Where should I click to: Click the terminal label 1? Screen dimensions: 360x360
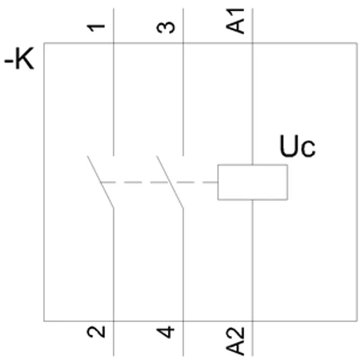click(96, 28)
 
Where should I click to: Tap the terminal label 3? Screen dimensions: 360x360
click(166, 27)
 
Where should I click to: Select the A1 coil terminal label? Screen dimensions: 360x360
click(235, 21)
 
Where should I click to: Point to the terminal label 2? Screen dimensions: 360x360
click(96, 332)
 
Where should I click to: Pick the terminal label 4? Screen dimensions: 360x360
click(165, 332)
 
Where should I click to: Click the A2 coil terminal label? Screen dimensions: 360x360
click(235, 342)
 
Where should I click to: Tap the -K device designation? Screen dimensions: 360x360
click(19, 58)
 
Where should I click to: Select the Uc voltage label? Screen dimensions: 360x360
click(297, 146)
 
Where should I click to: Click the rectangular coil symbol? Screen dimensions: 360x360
click(253, 165)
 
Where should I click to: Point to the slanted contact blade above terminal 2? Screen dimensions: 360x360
click(100, 182)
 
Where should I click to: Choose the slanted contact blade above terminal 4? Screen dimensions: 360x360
click(170, 182)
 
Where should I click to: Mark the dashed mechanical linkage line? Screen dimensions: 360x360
click(159, 182)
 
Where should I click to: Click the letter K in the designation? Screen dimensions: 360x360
click(25, 58)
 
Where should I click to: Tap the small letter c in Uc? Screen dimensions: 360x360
click(309, 149)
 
